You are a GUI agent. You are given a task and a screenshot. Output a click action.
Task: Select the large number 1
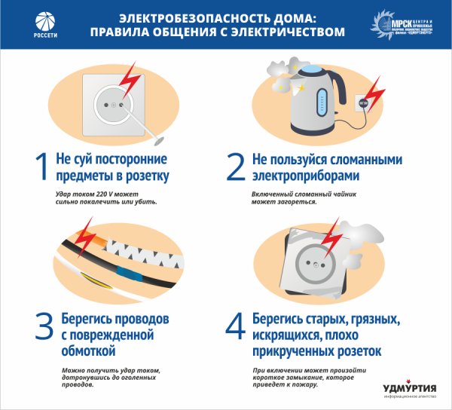(41, 168)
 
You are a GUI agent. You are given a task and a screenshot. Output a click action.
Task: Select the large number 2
(235, 168)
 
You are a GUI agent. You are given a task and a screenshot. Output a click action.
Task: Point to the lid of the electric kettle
(310, 70)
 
